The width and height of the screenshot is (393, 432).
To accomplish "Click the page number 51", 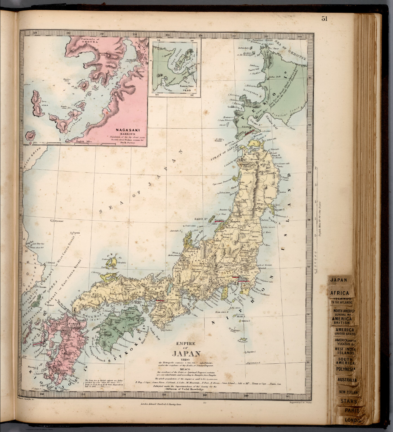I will [x=324, y=19].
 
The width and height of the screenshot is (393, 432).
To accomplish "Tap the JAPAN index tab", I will [x=338, y=280].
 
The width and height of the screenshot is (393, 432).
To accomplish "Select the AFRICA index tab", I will [x=339, y=293].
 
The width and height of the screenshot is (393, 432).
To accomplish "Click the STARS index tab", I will [x=348, y=401].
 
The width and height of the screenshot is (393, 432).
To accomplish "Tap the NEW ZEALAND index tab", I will [x=349, y=392].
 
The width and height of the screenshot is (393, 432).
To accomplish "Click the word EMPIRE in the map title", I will [x=185, y=343].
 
